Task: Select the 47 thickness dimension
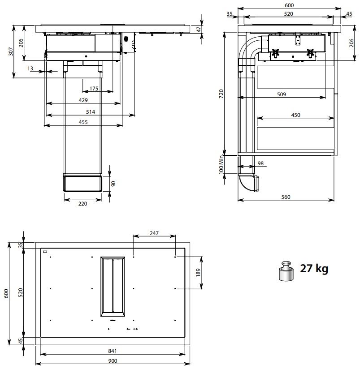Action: (x=199, y=29)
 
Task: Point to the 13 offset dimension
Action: (x=30, y=68)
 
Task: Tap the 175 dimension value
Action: (x=94, y=89)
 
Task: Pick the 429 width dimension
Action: (x=83, y=100)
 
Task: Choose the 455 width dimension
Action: (x=83, y=122)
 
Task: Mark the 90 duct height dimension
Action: (x=113, y=184)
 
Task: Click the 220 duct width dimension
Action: (x=83, y=204)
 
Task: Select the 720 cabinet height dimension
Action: (x=221, y=94)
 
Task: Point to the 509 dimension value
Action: (x=282, y=94)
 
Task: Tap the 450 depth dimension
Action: (x=295, y=115)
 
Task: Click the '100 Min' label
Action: (x=221, y=165)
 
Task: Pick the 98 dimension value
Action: (x=260, y=164)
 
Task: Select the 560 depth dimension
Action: (x=286, y=197)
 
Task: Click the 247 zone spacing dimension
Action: (x=154, y=234)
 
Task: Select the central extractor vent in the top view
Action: (x=113, y=285)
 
